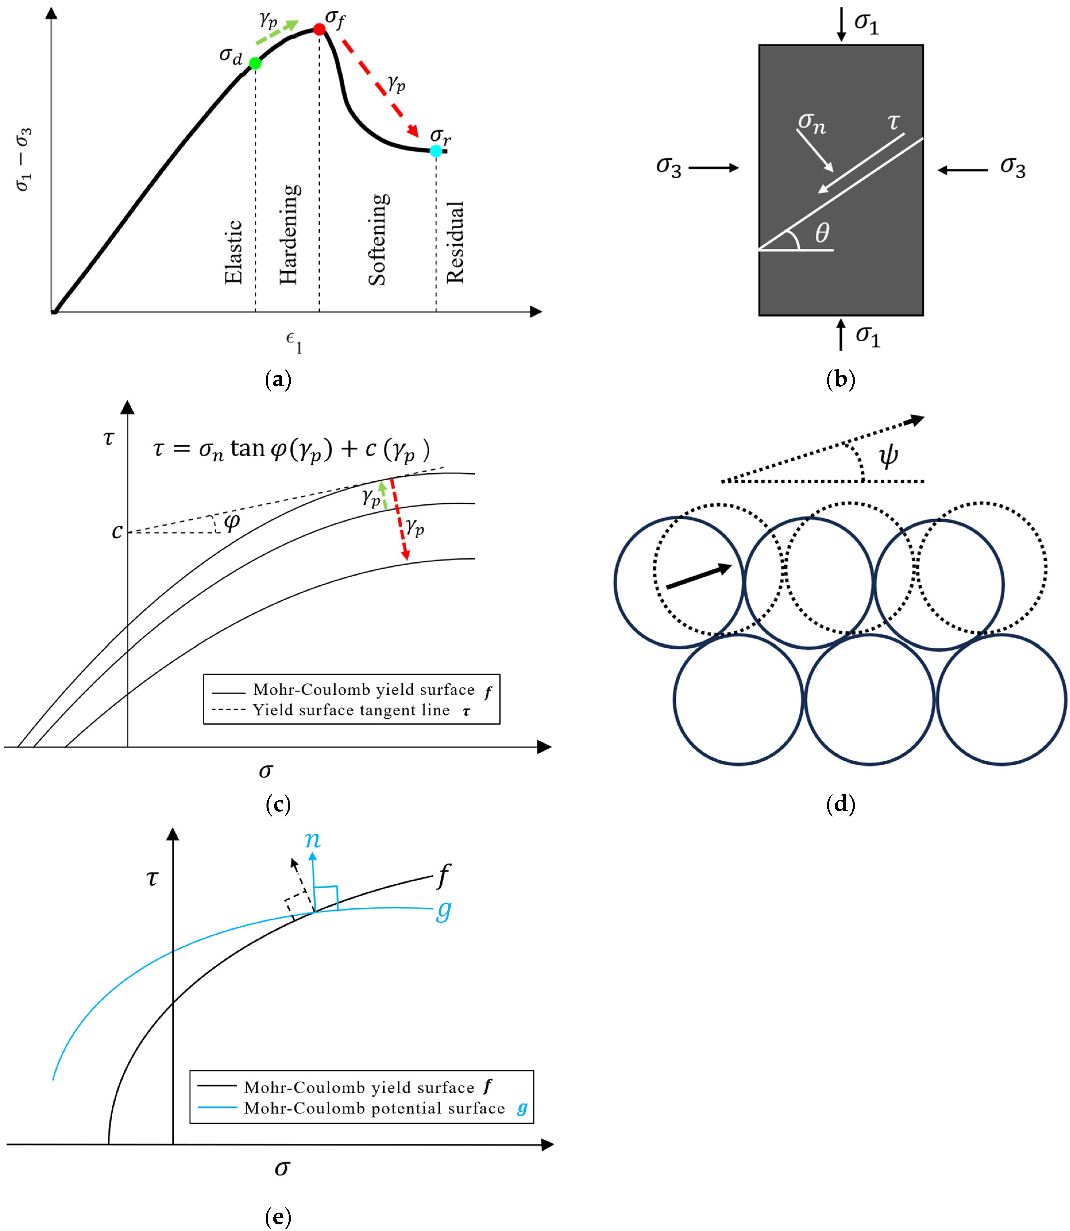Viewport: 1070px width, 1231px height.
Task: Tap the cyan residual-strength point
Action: pyautogui.click(x=436, y=151)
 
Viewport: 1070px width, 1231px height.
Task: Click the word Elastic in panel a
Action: pyautogui.click(x=233, y=252)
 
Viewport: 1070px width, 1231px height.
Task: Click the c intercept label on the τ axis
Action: pyautogui.click(x=117, y=531)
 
